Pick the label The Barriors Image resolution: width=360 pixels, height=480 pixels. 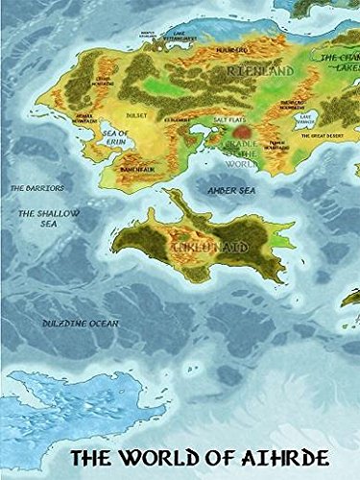click(x=32, y=188)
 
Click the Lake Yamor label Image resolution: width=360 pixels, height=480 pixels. click(x=305, y=119)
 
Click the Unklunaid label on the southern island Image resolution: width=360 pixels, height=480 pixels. click(x=200, y=249)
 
